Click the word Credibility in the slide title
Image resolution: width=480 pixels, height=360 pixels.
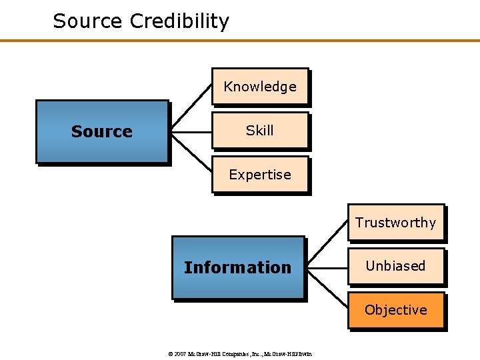pyautogui.click(x=179, y=21)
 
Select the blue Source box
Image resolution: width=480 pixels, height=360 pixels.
pyautogui.click(x=101, y=131)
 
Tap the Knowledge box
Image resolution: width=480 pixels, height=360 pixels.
pyautogui.click(x=260, y=87)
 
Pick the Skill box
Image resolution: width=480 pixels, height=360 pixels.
pyautogui.click(x=260, y=131)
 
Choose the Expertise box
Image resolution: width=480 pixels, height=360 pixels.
pyautogui.click(x=260, y=175)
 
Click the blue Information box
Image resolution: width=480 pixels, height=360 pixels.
pyautogui.click(x=237, y=267)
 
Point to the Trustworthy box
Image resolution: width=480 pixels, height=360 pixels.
pyautogui.click(x=395, y=223)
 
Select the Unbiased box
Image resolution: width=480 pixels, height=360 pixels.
pyautogui.click(x=395, y=266)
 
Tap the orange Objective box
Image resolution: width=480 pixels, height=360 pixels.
pyautogui.click(x=395, y=310)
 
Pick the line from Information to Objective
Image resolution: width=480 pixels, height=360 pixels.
pyautogui.click(x=327, y=290)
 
